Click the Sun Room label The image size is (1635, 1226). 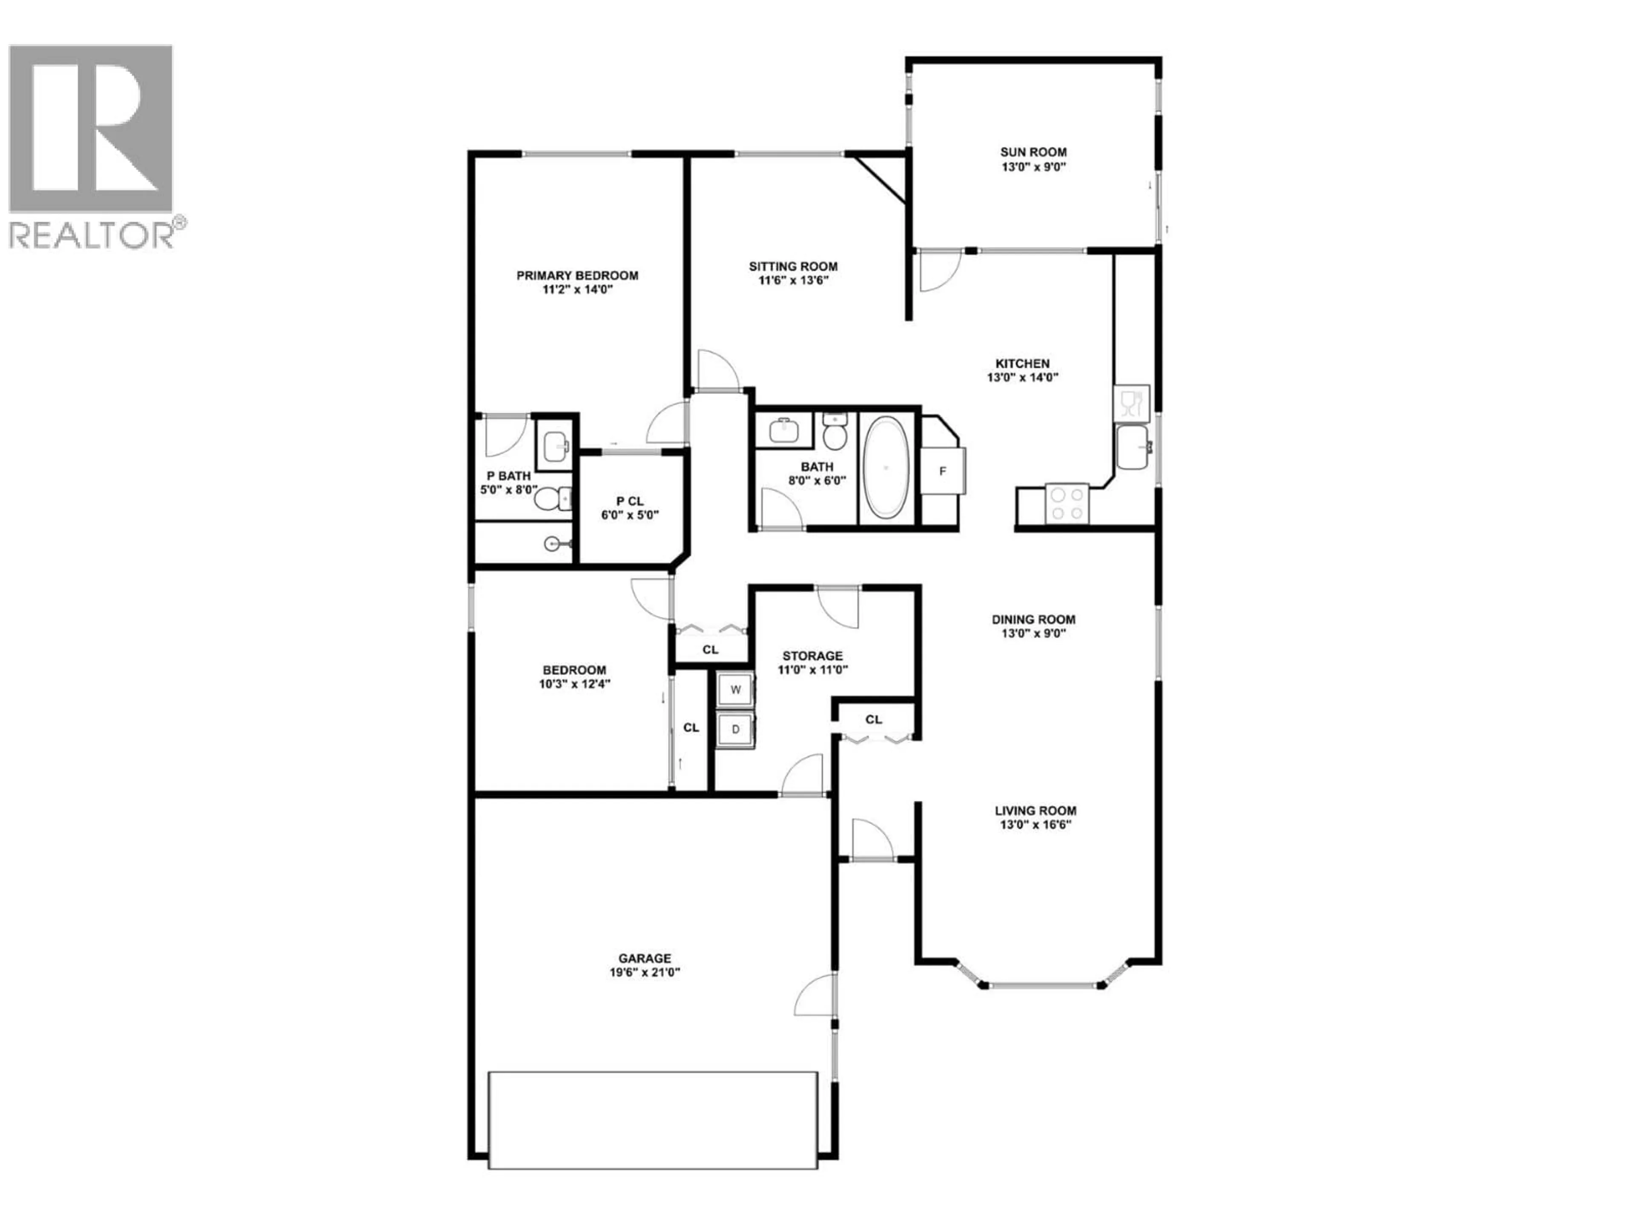coord(1033,152)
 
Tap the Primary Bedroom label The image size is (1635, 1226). coord(577,276)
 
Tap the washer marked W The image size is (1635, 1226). coord(735,690)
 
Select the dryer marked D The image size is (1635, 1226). coord(735,729)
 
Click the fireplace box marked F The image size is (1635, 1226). coord(942,471)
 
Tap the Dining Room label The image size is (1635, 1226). coord(1033,619)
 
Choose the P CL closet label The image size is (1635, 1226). coord(630,501)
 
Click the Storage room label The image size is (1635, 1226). coord(812,656)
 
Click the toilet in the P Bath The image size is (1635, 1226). coord(551,500)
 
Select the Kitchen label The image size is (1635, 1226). coord(1022,364)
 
